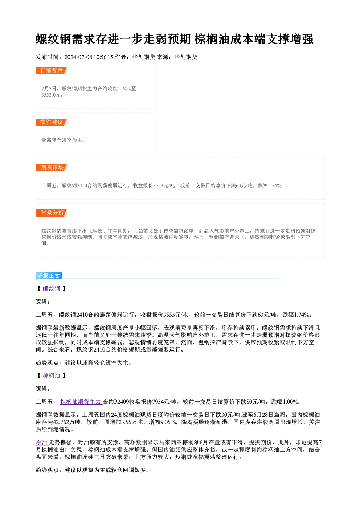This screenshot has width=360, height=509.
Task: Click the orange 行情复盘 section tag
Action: point(52,71)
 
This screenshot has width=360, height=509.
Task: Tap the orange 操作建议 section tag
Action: point(52,122)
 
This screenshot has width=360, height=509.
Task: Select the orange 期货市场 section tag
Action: point(52,168)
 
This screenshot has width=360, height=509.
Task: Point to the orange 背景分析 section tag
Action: point(52,213)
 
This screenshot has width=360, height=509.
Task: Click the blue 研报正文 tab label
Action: point(49,275)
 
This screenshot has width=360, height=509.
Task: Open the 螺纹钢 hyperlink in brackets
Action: point(52,288)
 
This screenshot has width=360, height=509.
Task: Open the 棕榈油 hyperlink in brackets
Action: point(52,375)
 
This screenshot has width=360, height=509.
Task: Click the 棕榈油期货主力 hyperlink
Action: point(81,402)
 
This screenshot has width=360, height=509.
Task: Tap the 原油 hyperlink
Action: point(42,442)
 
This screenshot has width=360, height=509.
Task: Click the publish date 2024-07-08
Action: point(78,57)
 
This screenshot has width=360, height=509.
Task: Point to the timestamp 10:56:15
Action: point(103,57)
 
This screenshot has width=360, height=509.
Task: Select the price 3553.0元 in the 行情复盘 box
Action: point(51,95)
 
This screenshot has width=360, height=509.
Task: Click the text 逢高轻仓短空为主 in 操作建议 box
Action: point(62,140)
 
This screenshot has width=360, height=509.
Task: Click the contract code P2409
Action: point(121,402)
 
